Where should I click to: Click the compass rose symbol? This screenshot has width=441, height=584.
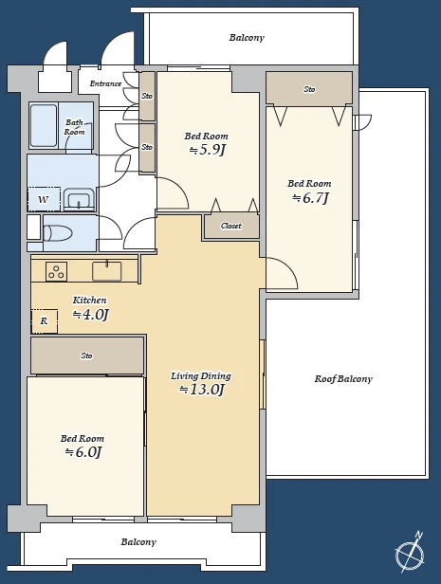click(x=410, y=552)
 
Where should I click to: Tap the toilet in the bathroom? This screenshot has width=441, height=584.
click(x=57, y=233)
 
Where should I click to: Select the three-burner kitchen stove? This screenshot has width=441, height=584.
click(x=57, y=271)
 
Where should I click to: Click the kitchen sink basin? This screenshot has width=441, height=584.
click(x=107, y=271)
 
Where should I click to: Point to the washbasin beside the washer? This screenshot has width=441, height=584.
click(x=79, y=200)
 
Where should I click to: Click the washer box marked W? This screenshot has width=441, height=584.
click(x=44, y=199)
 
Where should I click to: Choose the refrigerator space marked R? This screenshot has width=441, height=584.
click(x=45, y=321)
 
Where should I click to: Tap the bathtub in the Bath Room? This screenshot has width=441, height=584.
click(x=44, y=126)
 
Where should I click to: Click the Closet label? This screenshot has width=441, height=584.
click(x=230, y=226)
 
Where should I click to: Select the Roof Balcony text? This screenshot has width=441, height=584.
click(x=343, y=379)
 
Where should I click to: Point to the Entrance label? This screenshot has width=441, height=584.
click(x=105, y=83)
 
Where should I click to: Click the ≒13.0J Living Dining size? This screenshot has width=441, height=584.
click(x=201, y=390)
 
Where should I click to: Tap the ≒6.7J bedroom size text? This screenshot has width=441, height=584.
click(x=310, y=198)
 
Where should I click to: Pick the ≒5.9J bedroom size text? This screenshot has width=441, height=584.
click(x=207, y=150)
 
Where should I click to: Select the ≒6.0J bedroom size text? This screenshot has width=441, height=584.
click(x=83, y=452)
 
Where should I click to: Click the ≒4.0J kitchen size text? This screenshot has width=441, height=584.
click(x=90, y=315)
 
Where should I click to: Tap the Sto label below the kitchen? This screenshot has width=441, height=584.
click(x=86, y=356)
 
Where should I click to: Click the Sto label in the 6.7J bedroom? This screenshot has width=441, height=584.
click(x=309, y=89)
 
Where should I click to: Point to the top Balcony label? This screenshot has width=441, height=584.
click(x=247, y=38)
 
